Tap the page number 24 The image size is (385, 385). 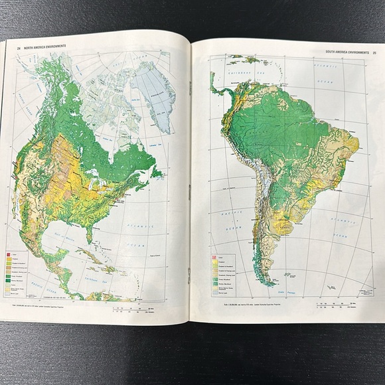pyautogui.click(x=19, y=47)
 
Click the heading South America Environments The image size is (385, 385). pyautogui.click(x=346, y=52)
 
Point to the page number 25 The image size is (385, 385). pyautogui.click(x=374, y=52)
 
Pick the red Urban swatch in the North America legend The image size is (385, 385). pyautogui.click(x=9, y=255)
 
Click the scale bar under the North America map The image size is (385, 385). pyautogui.click(x=133, y=306)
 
